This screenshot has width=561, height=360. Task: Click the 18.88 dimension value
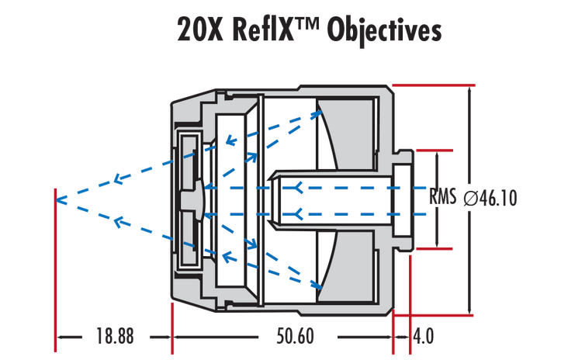click(115, 337)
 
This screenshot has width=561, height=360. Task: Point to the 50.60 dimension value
click(296, 337)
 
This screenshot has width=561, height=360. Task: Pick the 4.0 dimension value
click(424, 337)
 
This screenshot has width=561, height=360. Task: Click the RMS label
click(443, 198)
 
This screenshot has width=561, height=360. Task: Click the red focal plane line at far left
click(56, 264)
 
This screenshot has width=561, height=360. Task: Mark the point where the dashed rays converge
click(57, 199)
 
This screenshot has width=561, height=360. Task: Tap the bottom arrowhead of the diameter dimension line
click(469, 310)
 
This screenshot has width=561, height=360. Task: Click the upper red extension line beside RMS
click(434, 149)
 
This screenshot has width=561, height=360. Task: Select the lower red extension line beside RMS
click(434, 248)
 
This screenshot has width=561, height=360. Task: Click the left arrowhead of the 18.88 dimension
click(62, 337)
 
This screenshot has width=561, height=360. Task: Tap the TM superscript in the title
click(310, 23)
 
